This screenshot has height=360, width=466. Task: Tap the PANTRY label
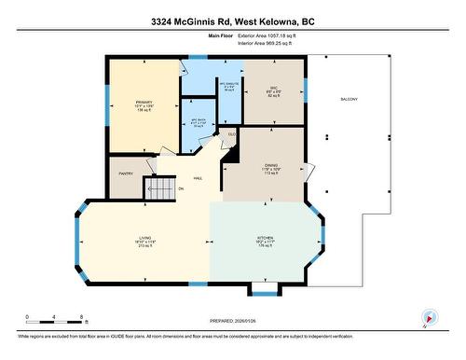[x=126, y=173]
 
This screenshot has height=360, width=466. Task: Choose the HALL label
[x=198, y=177]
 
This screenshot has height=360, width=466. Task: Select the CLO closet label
[x=232, y=134]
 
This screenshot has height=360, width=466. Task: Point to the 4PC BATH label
[x=198, y=122]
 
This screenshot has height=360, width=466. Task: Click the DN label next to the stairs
[x=182, y=189]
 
